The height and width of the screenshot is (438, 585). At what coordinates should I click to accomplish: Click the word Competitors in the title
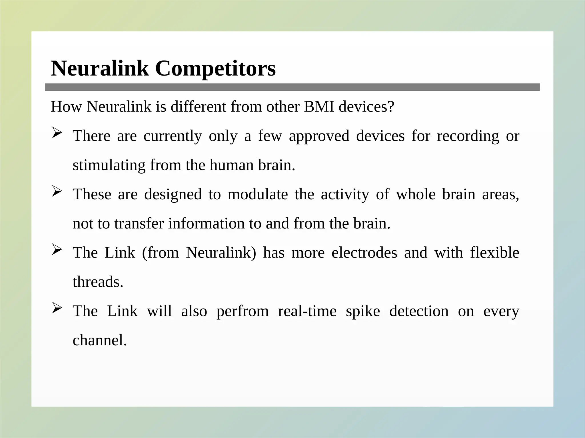click(x=215, y=69)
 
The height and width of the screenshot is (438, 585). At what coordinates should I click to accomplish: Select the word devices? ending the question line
click(x=366, y=107)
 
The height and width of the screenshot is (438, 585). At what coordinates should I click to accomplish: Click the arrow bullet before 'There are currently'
click(x=57, y=133)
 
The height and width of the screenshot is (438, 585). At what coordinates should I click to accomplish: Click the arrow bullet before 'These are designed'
click(x=57, y=191)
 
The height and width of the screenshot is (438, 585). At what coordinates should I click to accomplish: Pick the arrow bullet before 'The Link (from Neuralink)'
click(x=57, y=250)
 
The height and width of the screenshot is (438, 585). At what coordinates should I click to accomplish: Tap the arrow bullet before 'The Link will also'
click(x=57, y=308)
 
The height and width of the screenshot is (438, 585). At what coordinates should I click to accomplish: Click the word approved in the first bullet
click(x=319, y=136)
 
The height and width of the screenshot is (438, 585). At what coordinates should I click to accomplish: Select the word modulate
click(x=258, y=194)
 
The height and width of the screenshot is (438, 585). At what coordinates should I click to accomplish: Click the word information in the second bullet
click(x=206, y=224)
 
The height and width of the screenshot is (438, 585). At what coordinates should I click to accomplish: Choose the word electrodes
click(x=364, y=253)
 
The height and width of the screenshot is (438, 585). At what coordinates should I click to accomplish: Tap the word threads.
click(x=98, y=282)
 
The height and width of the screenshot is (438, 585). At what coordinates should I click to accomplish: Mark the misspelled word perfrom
click(x=243, y=311)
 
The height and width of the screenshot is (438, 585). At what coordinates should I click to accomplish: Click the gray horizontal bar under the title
click(x=292, y=87)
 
